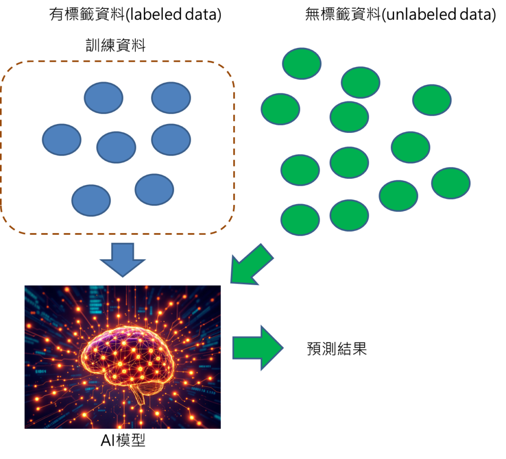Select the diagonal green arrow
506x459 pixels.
coord(252,265)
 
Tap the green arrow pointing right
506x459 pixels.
coord(257,347)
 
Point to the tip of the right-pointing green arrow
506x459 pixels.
coord(282,347)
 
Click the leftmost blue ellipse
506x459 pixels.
coord(61,140)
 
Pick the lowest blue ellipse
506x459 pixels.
coord(91,200)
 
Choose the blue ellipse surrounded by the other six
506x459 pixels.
coord(116,147)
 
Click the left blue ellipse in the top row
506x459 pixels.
coord(103,98)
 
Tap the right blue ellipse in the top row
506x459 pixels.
coord(170,98)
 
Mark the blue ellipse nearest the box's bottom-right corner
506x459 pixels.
coord(154,189)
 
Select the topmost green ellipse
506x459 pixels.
coord(301,63)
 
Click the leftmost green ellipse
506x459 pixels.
coord(280,109)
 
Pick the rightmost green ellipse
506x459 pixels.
coord(451,183)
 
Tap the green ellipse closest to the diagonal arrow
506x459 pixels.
coord(300,219)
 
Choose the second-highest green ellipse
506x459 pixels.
coord(360,82)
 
